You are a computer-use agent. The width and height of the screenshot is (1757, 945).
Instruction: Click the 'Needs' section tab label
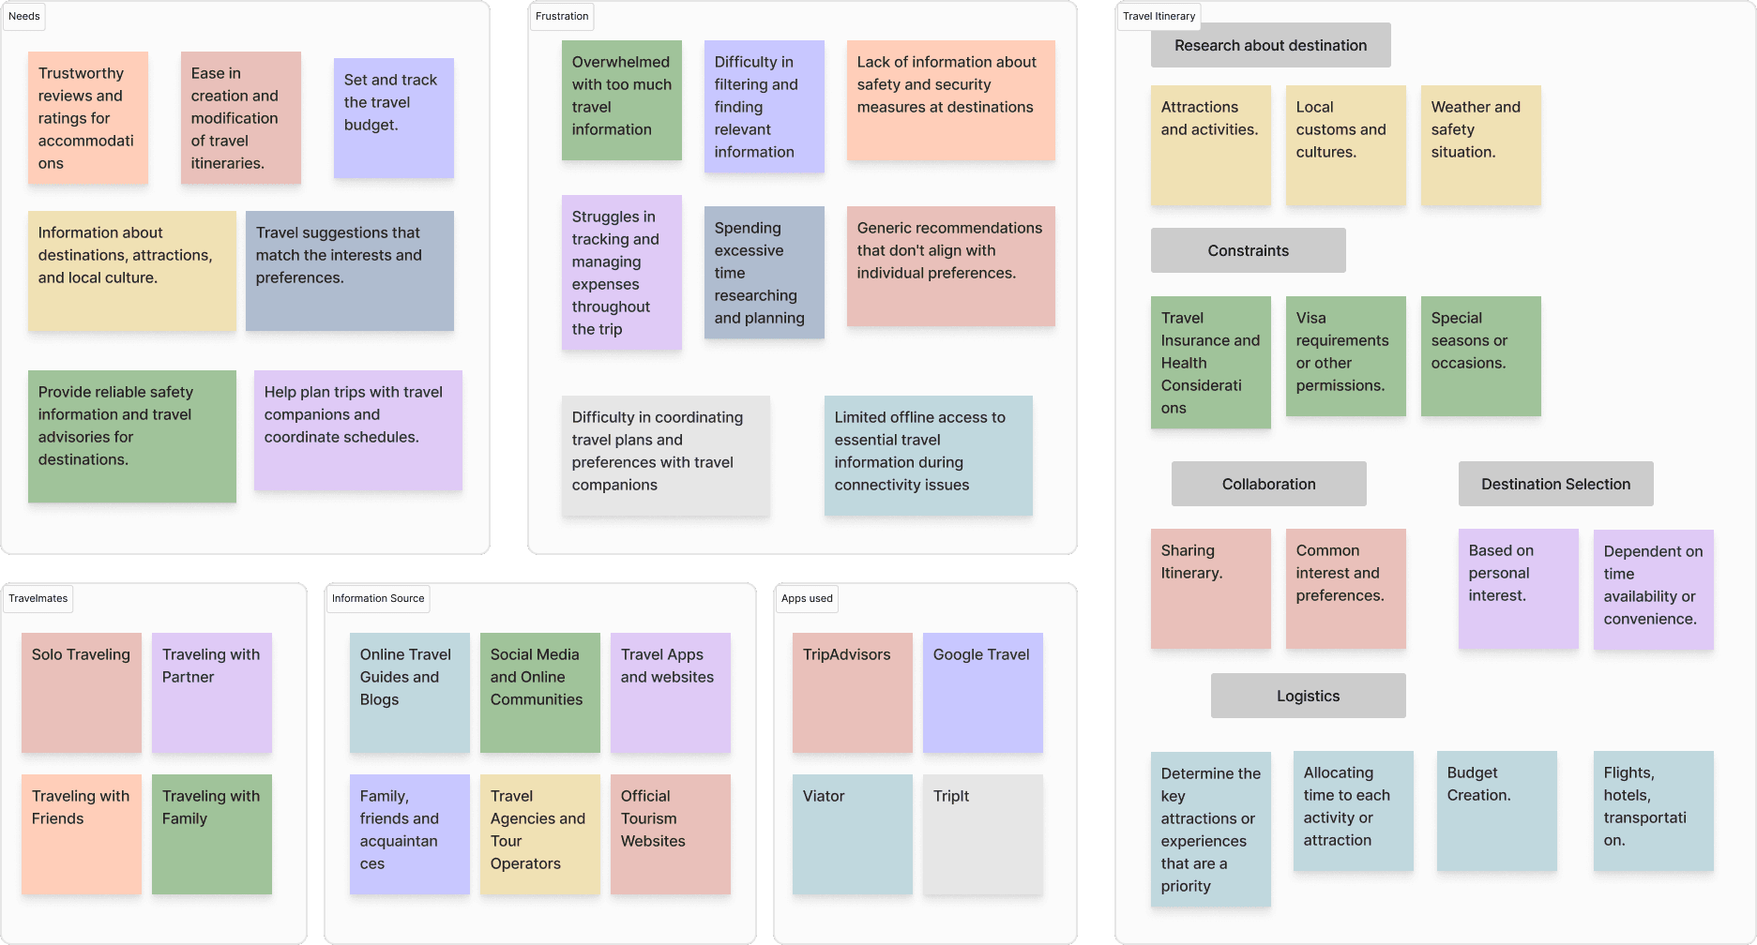click(24, 16)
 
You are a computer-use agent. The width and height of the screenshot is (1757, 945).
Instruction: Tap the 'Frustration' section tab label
click(562, 16)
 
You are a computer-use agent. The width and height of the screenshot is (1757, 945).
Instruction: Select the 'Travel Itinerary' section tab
click(1159, 16)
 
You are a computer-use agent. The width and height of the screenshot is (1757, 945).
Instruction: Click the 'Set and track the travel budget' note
click(393, 117)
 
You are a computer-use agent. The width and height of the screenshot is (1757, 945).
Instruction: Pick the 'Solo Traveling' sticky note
click(82, 692)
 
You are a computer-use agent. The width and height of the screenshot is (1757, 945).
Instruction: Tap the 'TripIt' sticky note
click(982, 833)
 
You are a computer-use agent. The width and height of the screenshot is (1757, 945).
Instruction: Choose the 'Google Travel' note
click(982, 692)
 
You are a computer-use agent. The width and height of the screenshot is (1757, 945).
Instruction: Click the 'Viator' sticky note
click(852, 833)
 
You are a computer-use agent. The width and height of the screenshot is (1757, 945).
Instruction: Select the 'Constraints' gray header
click(1248, 250)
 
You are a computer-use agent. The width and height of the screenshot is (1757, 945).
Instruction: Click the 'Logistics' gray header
click(1308, 696)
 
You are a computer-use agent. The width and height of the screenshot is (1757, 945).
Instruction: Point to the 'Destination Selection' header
click(1555, 484)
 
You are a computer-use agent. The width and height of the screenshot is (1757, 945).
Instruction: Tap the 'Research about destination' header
click(1270, 45)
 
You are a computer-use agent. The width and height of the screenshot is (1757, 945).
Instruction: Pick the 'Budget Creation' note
click(1496, 810)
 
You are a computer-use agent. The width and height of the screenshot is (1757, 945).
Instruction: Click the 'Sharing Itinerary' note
click(1210, 588)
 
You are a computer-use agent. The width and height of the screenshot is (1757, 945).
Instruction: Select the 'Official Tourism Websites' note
click(670, 833)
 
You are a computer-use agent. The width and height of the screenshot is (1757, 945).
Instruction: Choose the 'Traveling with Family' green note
click(212, 833)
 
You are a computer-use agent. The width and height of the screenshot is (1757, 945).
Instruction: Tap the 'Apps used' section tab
click(807, 598)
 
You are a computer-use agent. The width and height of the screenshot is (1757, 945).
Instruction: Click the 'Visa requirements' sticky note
click(1345, 355)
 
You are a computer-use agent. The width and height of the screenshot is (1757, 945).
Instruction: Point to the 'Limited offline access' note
click(928, 455)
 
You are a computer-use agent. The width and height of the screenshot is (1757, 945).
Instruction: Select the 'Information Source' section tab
click(378, 598)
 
